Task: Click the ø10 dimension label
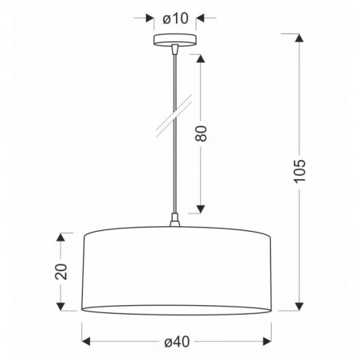point(174,16)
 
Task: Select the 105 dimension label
point(299,169)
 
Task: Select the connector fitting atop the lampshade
point(174,222)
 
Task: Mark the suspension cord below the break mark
point(173,171)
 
